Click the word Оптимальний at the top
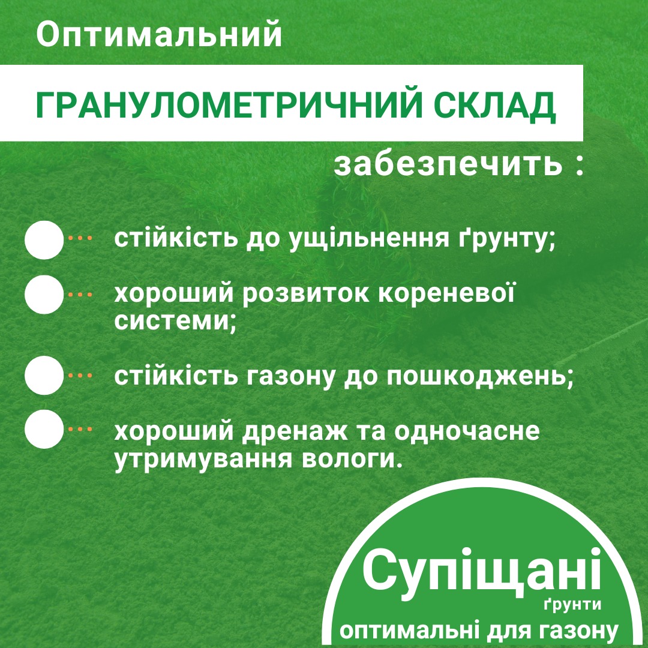click(x=159, y=35)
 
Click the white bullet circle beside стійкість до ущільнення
click(x=44, y=239)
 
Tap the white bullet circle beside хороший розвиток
click(x=44, y=295)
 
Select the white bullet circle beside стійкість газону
click(x=44, y=375)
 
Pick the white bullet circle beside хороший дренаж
click(x=44, y=429)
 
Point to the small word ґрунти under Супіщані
click(x=572, y=604)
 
